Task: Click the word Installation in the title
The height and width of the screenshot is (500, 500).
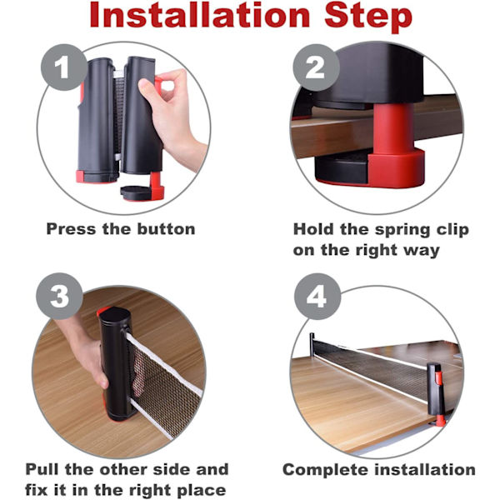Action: (200, 15)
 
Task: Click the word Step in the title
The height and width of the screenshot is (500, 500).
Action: (368, 17)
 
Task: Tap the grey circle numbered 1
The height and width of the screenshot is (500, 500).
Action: (64, 67)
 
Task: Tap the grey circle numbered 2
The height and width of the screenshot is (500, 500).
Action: (316, 67)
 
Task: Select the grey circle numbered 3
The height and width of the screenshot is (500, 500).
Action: (59, 296)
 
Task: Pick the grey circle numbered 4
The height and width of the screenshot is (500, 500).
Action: (317, 296)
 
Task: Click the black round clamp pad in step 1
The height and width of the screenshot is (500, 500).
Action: (137, 192)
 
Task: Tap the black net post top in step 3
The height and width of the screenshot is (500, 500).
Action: (114, 313)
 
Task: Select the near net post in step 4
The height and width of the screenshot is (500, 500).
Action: (436, 394)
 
